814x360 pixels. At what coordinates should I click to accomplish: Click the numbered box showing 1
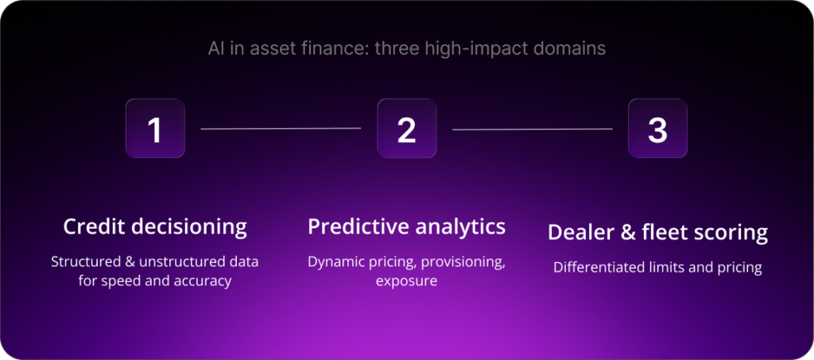point(155,129)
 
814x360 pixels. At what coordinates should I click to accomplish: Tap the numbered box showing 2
point(406,129)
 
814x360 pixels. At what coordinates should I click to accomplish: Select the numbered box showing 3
point(657,129)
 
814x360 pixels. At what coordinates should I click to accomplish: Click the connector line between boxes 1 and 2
point(281,128)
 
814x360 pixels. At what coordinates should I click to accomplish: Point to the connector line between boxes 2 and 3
point(532,128)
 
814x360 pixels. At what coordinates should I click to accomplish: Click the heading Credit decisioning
point(155,226)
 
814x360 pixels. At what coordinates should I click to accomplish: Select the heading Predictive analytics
point(406,226)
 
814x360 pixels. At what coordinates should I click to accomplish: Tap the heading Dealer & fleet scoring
point(657,233)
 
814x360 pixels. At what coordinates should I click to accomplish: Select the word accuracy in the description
point(203,281)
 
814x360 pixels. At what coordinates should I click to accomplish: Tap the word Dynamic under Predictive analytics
point(336,261)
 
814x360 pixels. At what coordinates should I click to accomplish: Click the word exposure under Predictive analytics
point(406,281)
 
